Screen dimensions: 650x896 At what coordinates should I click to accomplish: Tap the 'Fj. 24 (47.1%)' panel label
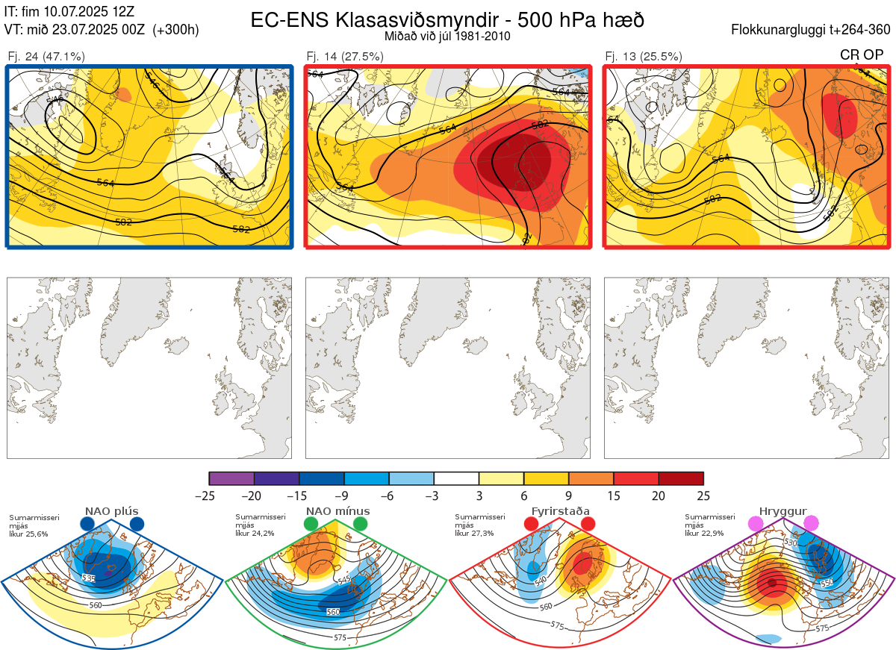pos(46,56)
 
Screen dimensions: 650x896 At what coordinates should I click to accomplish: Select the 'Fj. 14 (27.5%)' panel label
pos(345,56)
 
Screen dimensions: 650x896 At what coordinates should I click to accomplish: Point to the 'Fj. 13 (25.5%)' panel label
pos(644,56)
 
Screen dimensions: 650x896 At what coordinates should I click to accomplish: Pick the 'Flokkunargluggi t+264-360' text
pos(812,30)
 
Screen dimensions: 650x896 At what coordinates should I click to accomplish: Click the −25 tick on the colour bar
pos(210,496)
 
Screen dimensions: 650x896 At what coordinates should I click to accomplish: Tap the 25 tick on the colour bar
pos(703,496)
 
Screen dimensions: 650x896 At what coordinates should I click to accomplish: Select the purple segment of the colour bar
pos(231,478)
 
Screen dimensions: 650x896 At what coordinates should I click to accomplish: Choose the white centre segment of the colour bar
pos(456,478)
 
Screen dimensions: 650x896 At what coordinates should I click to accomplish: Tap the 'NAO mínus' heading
pos(337,511)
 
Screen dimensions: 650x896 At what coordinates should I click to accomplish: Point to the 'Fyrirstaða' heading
pos(559,511)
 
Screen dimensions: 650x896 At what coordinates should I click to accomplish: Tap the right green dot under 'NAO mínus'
pos(361,524)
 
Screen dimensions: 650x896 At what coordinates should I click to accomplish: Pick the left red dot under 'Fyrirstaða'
pos(532,524)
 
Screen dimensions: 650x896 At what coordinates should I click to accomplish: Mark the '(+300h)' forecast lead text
pos(175,30)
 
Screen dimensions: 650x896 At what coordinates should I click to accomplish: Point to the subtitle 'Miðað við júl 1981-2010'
pos(447,35)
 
